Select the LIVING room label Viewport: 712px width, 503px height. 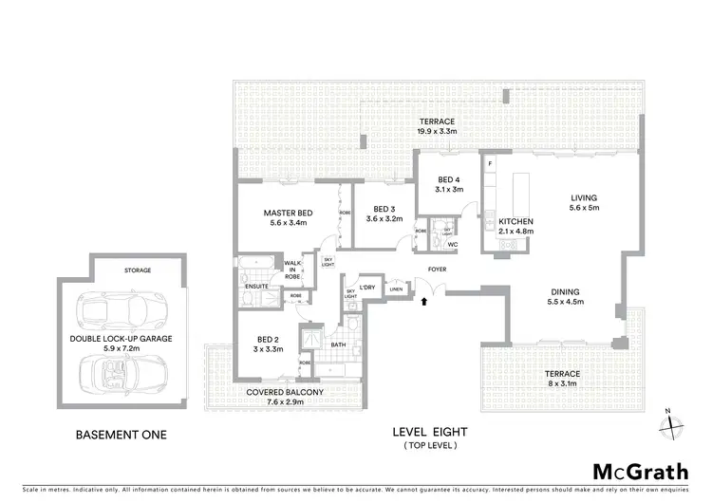pos(583,198)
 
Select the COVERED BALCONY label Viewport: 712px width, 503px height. pos(286,392)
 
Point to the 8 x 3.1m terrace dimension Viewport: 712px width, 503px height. pos(562,385)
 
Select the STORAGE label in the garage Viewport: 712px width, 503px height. pos(137,270)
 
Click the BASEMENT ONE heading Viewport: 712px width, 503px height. pos(121,435)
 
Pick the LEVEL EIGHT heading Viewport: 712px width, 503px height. pos(430,432)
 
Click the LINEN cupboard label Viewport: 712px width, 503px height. pos(394,290)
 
